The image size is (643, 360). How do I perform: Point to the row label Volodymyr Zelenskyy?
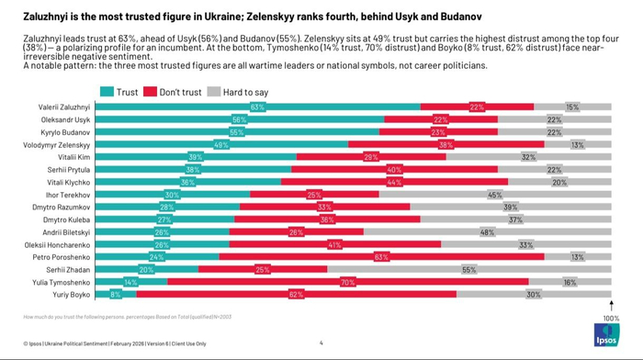58,145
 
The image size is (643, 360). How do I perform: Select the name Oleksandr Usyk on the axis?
64,120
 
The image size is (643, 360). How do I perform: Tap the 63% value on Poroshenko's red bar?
378,257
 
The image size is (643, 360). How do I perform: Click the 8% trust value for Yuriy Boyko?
116,295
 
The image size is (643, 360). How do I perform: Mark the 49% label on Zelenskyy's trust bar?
221,145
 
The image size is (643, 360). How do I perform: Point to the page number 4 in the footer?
321,343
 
